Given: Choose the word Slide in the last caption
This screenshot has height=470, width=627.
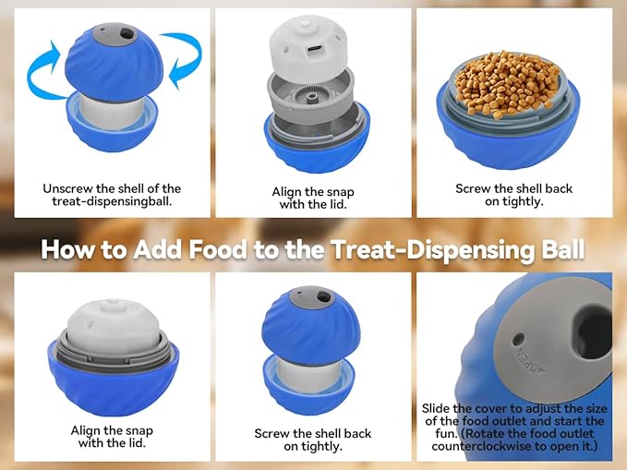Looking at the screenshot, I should (439, 408).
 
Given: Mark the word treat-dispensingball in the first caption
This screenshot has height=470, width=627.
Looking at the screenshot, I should (113, 202).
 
